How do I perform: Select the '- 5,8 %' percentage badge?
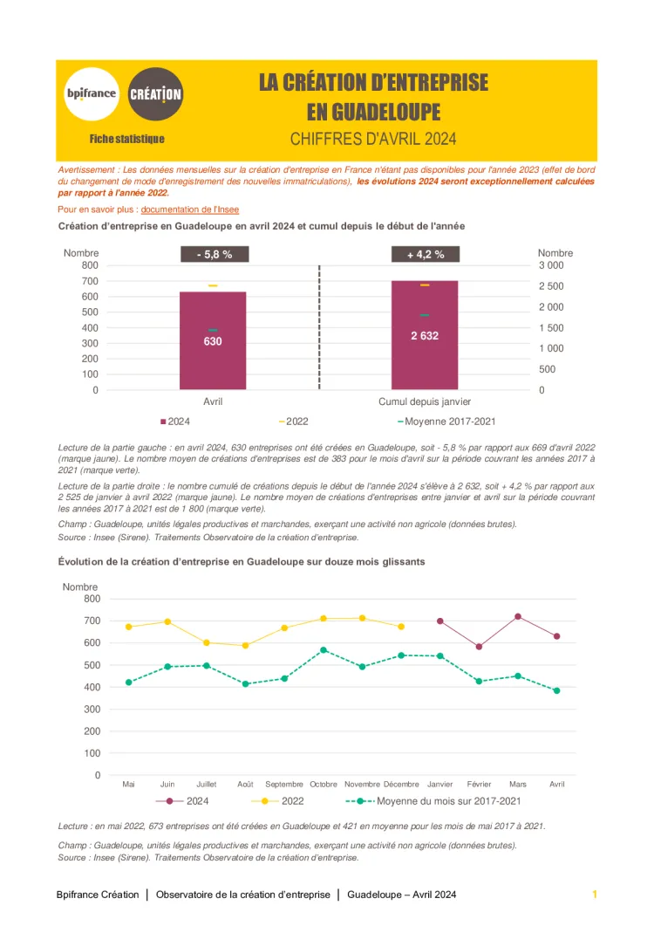click(214, 255)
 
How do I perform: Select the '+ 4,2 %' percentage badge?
click(426, 255)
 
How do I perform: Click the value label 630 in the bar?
click(213, 341)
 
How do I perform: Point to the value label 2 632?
click(425, 335)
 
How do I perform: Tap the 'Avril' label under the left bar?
click(213, 401)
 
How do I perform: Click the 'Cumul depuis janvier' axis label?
click(425, 401)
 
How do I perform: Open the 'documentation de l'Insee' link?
click(189, 209)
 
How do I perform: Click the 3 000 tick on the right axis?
click(551, 265)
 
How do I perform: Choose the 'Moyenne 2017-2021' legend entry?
click(446, 422)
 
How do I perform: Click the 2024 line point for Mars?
click(518, 616)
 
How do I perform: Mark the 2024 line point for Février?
click(479, 647)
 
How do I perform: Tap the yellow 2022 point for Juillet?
click(207, 642)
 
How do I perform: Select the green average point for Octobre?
click(324, 650)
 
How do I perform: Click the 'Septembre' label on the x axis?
click(284, 785)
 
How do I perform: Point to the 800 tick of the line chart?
click(92, 599)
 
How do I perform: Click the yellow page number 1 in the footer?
click(595, 895)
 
